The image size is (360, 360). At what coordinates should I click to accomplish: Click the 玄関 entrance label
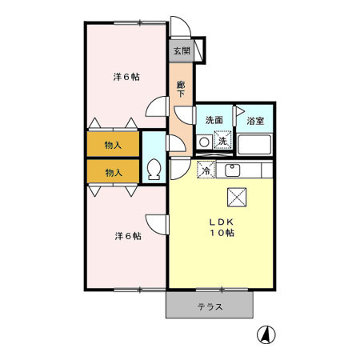pyautogui.click(x=181, y=51)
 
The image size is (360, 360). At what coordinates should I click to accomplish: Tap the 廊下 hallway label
pyautogui.click(x=181, y=89)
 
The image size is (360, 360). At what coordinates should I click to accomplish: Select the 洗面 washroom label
pyautogui.click(x=214, y=120)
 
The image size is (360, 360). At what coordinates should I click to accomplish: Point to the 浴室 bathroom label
pyautogui.click(x=256, y=121)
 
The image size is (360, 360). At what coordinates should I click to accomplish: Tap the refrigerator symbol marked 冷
pyautogui.click(x=206, y=170)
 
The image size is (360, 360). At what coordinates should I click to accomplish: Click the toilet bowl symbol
pyautogui.click(x=154, y=170)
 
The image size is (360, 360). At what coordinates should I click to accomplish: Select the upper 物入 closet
pyautogui.click(x=114, y=145)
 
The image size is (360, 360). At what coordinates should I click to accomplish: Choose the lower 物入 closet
pyautogui.click(x=114, y=171)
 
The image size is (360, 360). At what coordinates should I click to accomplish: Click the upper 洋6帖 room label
pyautogui.click(x=127, y=78)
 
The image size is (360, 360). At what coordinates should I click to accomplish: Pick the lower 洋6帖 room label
pyautogui.click(x=127, y=236)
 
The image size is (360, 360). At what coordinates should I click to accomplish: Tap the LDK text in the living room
pyautogui.click(x=222, y=221)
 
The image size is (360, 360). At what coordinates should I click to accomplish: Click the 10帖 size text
pyautogui.click(x=222, y=233)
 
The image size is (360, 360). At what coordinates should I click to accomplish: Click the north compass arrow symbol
pyautogui.click(x=264, y=334)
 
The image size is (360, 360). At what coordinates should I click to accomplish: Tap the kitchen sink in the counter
pyautogui.click(x=233, y=170)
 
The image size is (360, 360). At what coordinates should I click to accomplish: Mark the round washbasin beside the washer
pyautogui.click(x=204, y=142)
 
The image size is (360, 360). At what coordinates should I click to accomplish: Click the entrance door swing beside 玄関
pyautogui.click(x=198, y=50)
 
